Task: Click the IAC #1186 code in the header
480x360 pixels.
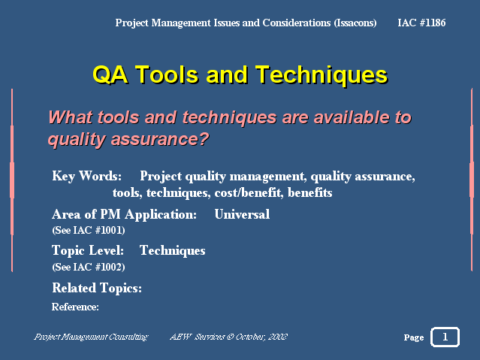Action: point(421,23)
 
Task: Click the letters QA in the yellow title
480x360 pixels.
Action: point(110,74)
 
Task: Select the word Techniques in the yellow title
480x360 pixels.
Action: point(322,74)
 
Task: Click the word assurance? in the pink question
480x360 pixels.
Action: point(160,139)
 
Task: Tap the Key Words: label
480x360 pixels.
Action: point(86,176)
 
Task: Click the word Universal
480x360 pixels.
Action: point(242,214)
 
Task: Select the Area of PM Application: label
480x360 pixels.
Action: point(124,214)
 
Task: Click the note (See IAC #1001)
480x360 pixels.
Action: point(89,230)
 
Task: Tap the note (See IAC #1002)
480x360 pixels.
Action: point(89,267)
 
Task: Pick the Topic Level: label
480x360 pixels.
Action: point(88,250)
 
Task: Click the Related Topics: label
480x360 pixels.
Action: point(97,288)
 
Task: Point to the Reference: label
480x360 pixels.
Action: point(75,307)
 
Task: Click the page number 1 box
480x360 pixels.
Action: point(445,337)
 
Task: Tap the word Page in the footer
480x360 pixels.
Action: point(414,337)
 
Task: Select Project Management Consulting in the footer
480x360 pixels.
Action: point(91,337)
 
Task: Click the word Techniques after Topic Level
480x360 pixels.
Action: point(172,250)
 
